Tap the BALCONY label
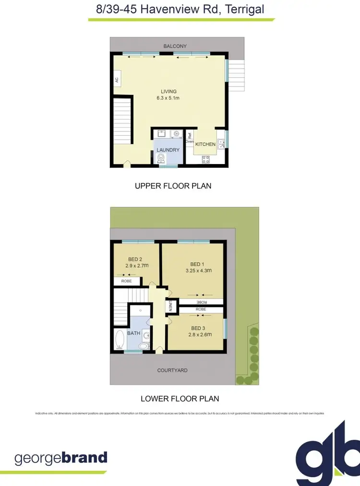point(175,46)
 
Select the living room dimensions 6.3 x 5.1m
point(168,98)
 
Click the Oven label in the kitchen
point(190,142)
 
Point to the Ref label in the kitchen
point(190,135)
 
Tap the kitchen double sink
point(221,143)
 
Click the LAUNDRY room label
point(168,150)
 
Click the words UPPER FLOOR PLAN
point(173,186)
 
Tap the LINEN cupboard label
point(170,306)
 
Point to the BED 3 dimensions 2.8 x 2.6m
point(200,334)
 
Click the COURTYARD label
point(172,370)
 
